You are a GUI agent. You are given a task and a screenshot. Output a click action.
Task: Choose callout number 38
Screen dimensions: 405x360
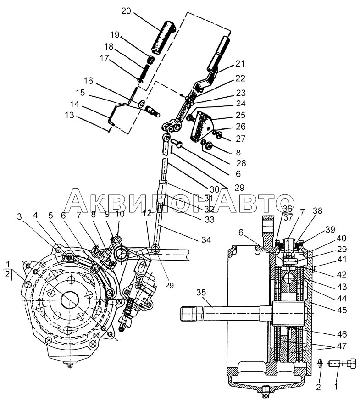(317, 212)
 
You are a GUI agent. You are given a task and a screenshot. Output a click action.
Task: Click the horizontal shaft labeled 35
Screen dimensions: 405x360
(229, 316)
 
